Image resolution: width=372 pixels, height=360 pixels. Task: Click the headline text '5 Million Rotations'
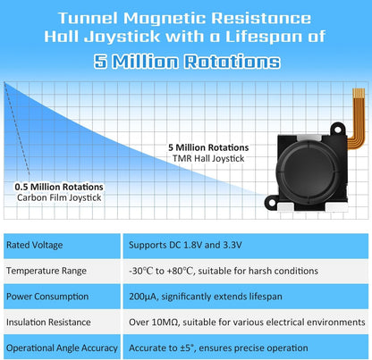187,62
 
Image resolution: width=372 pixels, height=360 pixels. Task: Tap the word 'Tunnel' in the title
88,18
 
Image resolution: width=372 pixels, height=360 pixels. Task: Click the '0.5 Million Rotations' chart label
59,187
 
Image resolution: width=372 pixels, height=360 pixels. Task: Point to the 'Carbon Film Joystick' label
59,197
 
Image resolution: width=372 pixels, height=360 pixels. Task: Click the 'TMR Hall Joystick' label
208,158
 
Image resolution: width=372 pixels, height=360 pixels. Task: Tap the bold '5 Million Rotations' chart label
208,147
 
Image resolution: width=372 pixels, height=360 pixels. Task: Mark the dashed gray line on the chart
17,129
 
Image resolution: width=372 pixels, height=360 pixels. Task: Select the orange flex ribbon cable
358,119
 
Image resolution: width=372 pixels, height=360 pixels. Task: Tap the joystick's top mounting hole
337,130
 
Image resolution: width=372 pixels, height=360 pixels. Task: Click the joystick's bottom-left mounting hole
272,203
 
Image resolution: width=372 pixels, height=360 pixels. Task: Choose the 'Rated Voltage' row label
35,245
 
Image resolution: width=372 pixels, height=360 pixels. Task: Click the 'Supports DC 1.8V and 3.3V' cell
185,245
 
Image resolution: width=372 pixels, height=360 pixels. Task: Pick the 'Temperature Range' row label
46,271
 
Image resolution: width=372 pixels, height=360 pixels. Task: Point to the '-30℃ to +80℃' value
161,271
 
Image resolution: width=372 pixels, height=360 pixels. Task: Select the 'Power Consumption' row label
47,297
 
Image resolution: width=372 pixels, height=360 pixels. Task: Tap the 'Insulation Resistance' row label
48,322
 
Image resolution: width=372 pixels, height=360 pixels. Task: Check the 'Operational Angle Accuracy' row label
62,348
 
